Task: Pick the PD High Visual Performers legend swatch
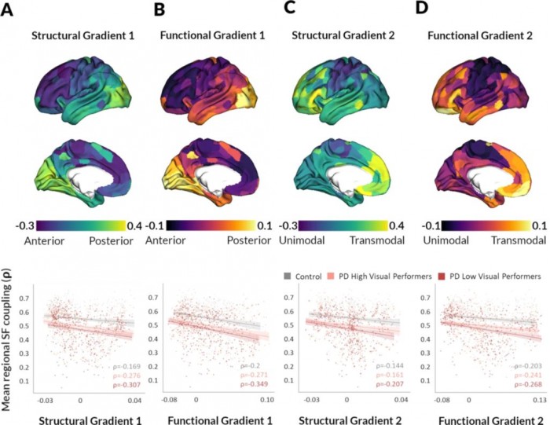click(335, 276)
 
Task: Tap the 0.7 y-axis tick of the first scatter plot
click(28, 299)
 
